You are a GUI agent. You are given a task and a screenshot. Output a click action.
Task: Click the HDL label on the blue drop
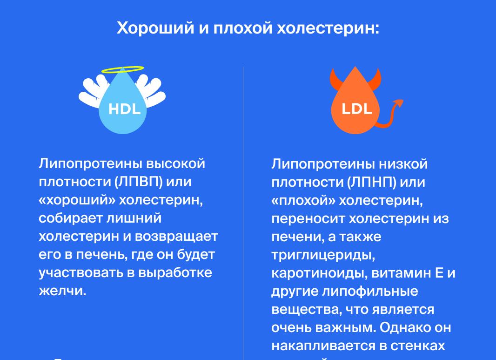(124, 109)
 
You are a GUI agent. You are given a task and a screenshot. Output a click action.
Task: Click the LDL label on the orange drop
(357, 109)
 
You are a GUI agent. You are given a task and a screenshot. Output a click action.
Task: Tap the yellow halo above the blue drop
(122, 70)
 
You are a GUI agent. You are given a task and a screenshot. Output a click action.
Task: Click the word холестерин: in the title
(328, 28)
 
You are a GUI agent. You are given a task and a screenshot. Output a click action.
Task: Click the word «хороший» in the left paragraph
(76, 200)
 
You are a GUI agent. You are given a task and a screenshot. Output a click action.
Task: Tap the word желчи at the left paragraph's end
(62, 291)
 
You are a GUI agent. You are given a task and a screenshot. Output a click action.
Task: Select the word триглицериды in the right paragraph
(323, 255)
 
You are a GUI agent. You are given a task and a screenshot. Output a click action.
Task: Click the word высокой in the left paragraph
(176, 163)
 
